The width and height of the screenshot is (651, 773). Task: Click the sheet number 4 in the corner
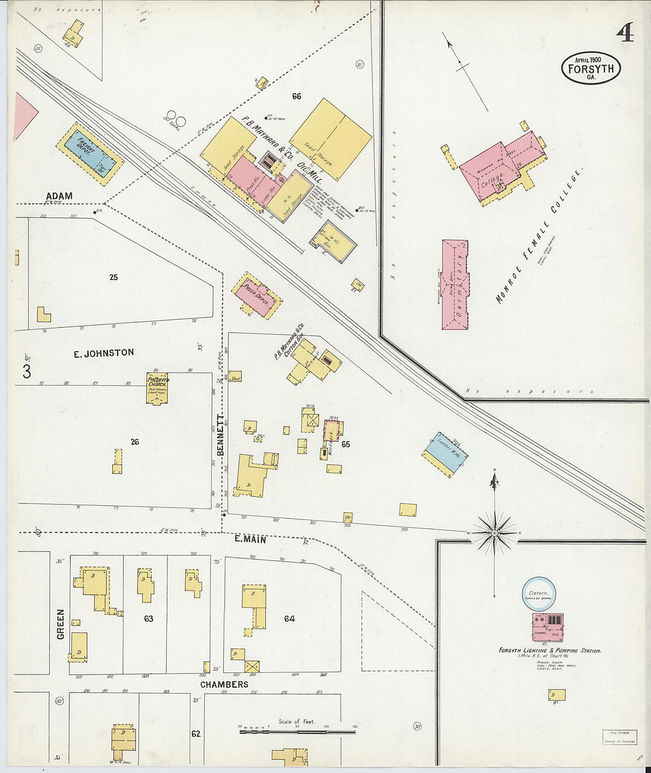click(624, 33)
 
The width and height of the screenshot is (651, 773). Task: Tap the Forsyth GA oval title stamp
click(591, 68)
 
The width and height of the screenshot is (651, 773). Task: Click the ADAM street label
click(59, 196)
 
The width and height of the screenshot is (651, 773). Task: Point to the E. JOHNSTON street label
click(104, 353)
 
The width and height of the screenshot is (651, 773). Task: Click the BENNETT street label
click(220, 435)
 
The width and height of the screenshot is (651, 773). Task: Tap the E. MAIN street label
click(250, 540)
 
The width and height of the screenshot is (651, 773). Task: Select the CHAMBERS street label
click(224, 684)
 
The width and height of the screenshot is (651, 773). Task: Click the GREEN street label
click(60, 624)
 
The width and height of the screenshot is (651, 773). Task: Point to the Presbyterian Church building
click(157, 388)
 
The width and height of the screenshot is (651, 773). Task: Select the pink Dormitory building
click(455, 284)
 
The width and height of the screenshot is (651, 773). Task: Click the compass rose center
click(494, 533)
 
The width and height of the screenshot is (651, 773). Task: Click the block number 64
click(289, 619)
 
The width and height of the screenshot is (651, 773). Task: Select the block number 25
click(114, 277)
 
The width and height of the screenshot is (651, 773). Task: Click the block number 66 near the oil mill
click(297, 96)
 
